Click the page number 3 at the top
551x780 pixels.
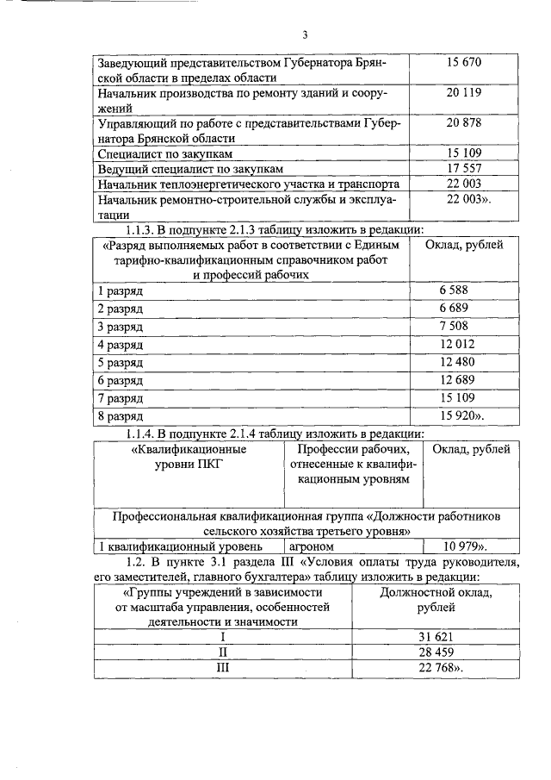pos(304,34)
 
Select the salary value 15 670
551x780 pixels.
pos(464,65)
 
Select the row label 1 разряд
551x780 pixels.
pos(120,290)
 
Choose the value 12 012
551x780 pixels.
pos(457,345)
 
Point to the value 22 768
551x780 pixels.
pos(437,669)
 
